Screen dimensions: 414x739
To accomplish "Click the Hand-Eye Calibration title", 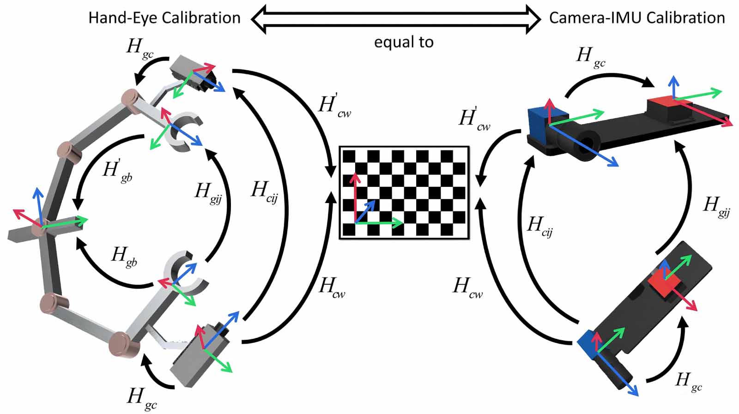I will tap(164, 18).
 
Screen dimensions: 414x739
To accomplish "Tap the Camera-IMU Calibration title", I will tap(637, 18).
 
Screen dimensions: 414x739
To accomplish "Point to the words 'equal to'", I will tap(404, 42).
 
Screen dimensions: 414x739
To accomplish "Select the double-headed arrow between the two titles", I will tap(395, 18).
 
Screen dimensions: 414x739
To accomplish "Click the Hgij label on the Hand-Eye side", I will tap(208, 192).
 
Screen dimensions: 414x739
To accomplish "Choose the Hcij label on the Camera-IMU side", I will tap(540, 226).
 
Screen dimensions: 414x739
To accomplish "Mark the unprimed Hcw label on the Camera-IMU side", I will tap(467, 287).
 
